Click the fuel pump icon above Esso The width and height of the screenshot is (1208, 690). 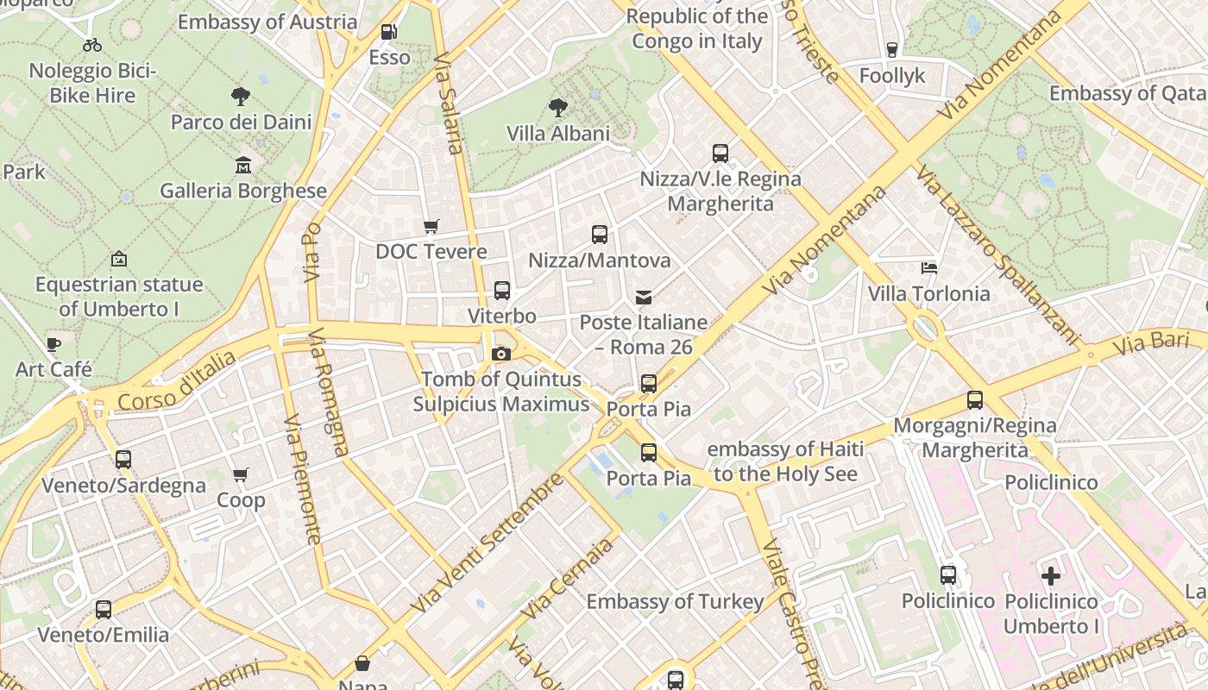point(389,32)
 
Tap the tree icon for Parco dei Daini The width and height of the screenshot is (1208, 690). point(241,97)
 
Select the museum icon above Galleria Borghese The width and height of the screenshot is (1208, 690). point(243,165)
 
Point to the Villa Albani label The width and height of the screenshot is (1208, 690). point(557,134)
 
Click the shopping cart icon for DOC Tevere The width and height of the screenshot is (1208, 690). point(431,226)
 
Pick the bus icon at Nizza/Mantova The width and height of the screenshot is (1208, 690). point(599,235)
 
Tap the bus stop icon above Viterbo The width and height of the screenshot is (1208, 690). point(501,291)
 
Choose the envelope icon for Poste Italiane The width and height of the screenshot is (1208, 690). point(643,298)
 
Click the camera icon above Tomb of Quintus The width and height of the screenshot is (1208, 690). point(500,354)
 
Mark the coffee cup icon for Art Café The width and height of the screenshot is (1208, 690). point(53,345)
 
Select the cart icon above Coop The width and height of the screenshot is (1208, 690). point(241,475)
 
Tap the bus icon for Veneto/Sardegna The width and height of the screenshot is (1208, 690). point(123,460)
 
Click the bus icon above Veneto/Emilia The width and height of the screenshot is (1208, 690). point(104,610)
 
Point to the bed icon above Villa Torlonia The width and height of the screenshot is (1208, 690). point(929,268)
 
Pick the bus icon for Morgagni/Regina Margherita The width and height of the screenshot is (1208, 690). point(975,400)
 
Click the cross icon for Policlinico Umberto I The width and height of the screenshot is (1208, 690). point(1051,575)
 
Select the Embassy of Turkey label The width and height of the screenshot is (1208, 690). point(675,602)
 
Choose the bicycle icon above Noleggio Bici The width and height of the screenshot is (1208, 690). point(92,45)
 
